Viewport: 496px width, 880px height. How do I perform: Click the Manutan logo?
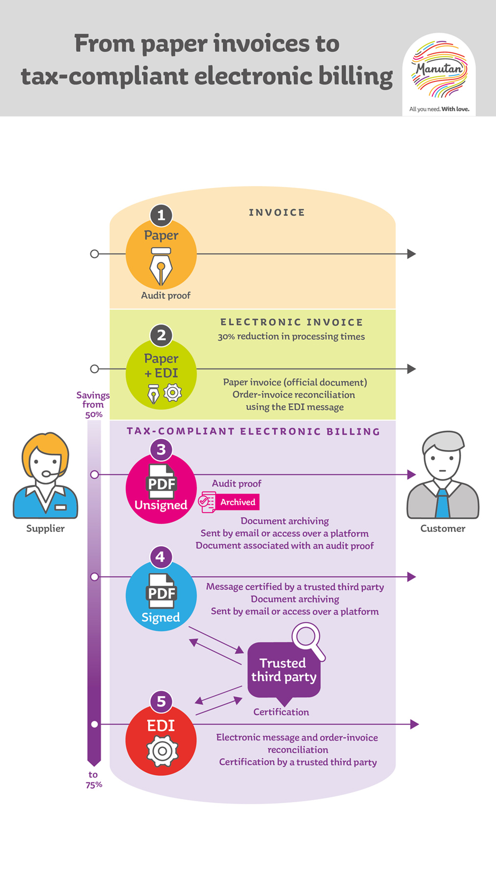(x=439, y=69)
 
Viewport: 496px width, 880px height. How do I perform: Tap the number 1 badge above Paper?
(x=161, y=215)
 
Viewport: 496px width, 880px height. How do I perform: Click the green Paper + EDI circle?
(x=161, y=373)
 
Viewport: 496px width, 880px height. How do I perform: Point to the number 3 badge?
(x=161, y=449)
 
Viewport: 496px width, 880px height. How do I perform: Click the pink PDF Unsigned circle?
(x=161, y=488)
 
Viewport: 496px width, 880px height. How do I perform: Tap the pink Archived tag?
(x=237, y=502)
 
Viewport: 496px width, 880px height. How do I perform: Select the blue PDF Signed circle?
(x=161, y=596)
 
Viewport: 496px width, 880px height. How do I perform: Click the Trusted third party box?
(x=283, y=670)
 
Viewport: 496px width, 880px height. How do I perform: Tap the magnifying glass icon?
(x=307, y=638)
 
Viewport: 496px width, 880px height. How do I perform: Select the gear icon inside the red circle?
(x=162, y=751)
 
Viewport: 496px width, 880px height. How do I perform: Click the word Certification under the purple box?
(x=281, y=712)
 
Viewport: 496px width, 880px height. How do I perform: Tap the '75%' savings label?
(x=94, y=785)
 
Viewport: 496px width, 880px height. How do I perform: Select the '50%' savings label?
(x=94, y=415)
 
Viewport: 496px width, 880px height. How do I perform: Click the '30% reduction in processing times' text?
(x=291, y=337)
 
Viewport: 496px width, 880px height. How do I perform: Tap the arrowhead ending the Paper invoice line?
(x=411, y=254)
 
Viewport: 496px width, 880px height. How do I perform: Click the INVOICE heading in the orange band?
(x=277, y=212)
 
